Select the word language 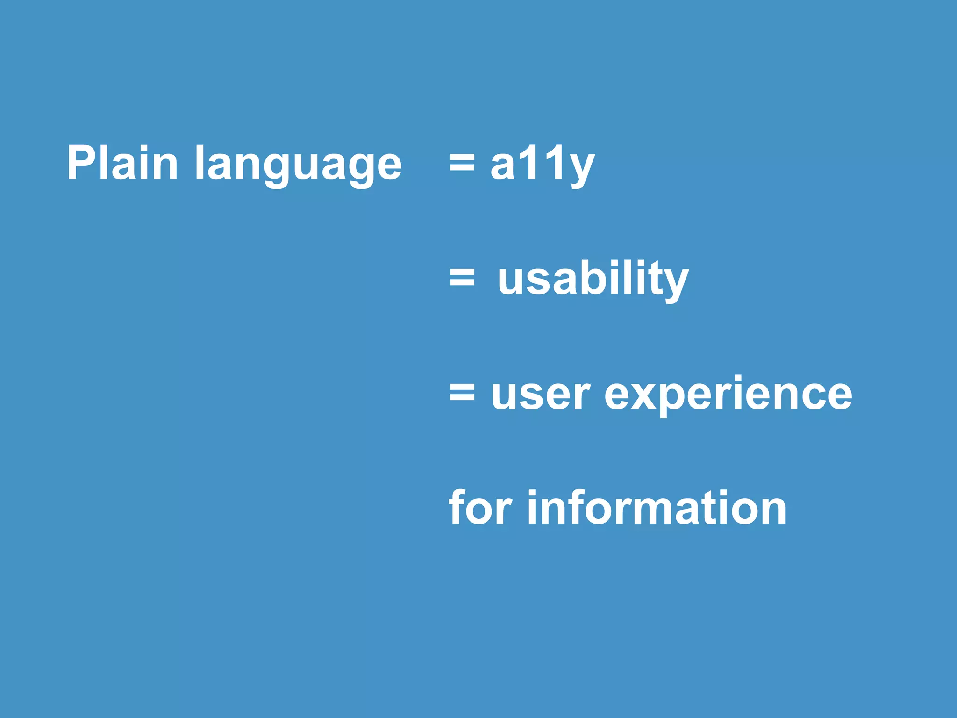pyautogui.click(x=298, y=166)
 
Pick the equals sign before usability pyautogui.click(x=462, y=278)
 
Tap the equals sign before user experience pyautogui.click(x=462, y=393)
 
